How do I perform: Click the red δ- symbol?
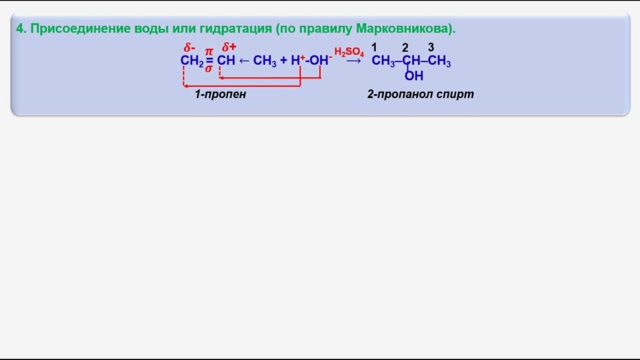[189, 47]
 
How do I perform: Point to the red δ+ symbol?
[229, 47]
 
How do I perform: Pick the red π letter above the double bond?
[209, 51]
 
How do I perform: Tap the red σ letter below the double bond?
[209, 68]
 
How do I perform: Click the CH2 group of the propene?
[191, 61]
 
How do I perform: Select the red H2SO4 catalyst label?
[349, 53]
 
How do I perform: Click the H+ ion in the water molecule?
[297, 60]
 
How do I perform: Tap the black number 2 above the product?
[405, 47]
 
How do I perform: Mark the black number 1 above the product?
[375, 47]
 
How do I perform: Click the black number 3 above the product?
[431, 47]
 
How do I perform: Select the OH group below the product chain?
[413, 76]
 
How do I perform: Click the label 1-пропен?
[220, 95]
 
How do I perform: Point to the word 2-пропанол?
[399, 95]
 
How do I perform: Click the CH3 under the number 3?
[439, 62]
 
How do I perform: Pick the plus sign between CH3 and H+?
[283, 60]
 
